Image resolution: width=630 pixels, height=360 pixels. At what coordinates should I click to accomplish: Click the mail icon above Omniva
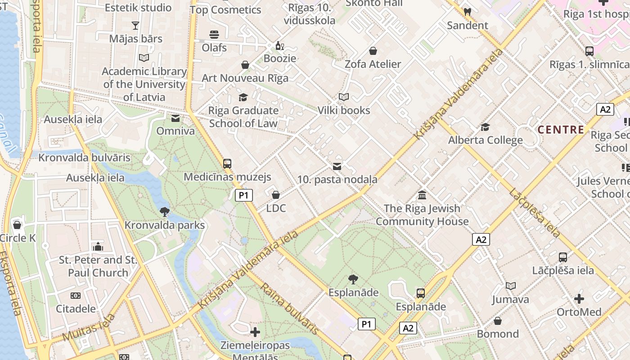tap(175, 118)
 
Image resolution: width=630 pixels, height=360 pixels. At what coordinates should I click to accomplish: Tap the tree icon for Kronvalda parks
tap(165, 211)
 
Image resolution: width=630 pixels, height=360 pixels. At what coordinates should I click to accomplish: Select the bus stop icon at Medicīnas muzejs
tap(227, 164)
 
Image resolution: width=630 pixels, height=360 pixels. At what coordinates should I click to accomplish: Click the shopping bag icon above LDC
tap(276, 195)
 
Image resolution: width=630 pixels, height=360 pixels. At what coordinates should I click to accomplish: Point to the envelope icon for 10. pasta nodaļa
tap(337, 167)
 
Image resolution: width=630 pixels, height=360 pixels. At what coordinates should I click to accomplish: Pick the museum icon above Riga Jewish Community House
tap(422, 195)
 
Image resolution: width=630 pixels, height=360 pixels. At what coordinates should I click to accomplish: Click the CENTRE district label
tap(561, 130)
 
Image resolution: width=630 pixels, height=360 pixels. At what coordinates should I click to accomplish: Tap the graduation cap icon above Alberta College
tap(485, 127)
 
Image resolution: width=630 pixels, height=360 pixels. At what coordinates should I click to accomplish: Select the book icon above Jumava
tap(510, 286)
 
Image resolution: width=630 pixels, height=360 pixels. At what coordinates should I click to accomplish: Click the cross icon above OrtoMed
tap(579, 298)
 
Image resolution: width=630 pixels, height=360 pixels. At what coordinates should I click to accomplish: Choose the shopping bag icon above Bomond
tap(498, 321)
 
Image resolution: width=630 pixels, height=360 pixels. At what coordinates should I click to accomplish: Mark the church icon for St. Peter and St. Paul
tap(98, 247)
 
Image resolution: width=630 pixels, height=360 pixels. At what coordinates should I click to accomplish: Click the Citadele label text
tap(76, 309)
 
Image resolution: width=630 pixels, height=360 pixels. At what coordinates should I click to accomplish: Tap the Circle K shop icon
tap(17, 225)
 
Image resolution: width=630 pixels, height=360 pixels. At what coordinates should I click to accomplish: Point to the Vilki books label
tap(344, 110)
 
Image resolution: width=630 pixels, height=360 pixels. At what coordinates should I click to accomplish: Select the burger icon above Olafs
tap(214, 35)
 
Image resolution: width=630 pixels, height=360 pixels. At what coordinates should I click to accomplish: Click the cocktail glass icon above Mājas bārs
tap(135, 25)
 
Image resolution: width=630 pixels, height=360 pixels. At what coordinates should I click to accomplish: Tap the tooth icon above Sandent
tap(467, 12)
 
